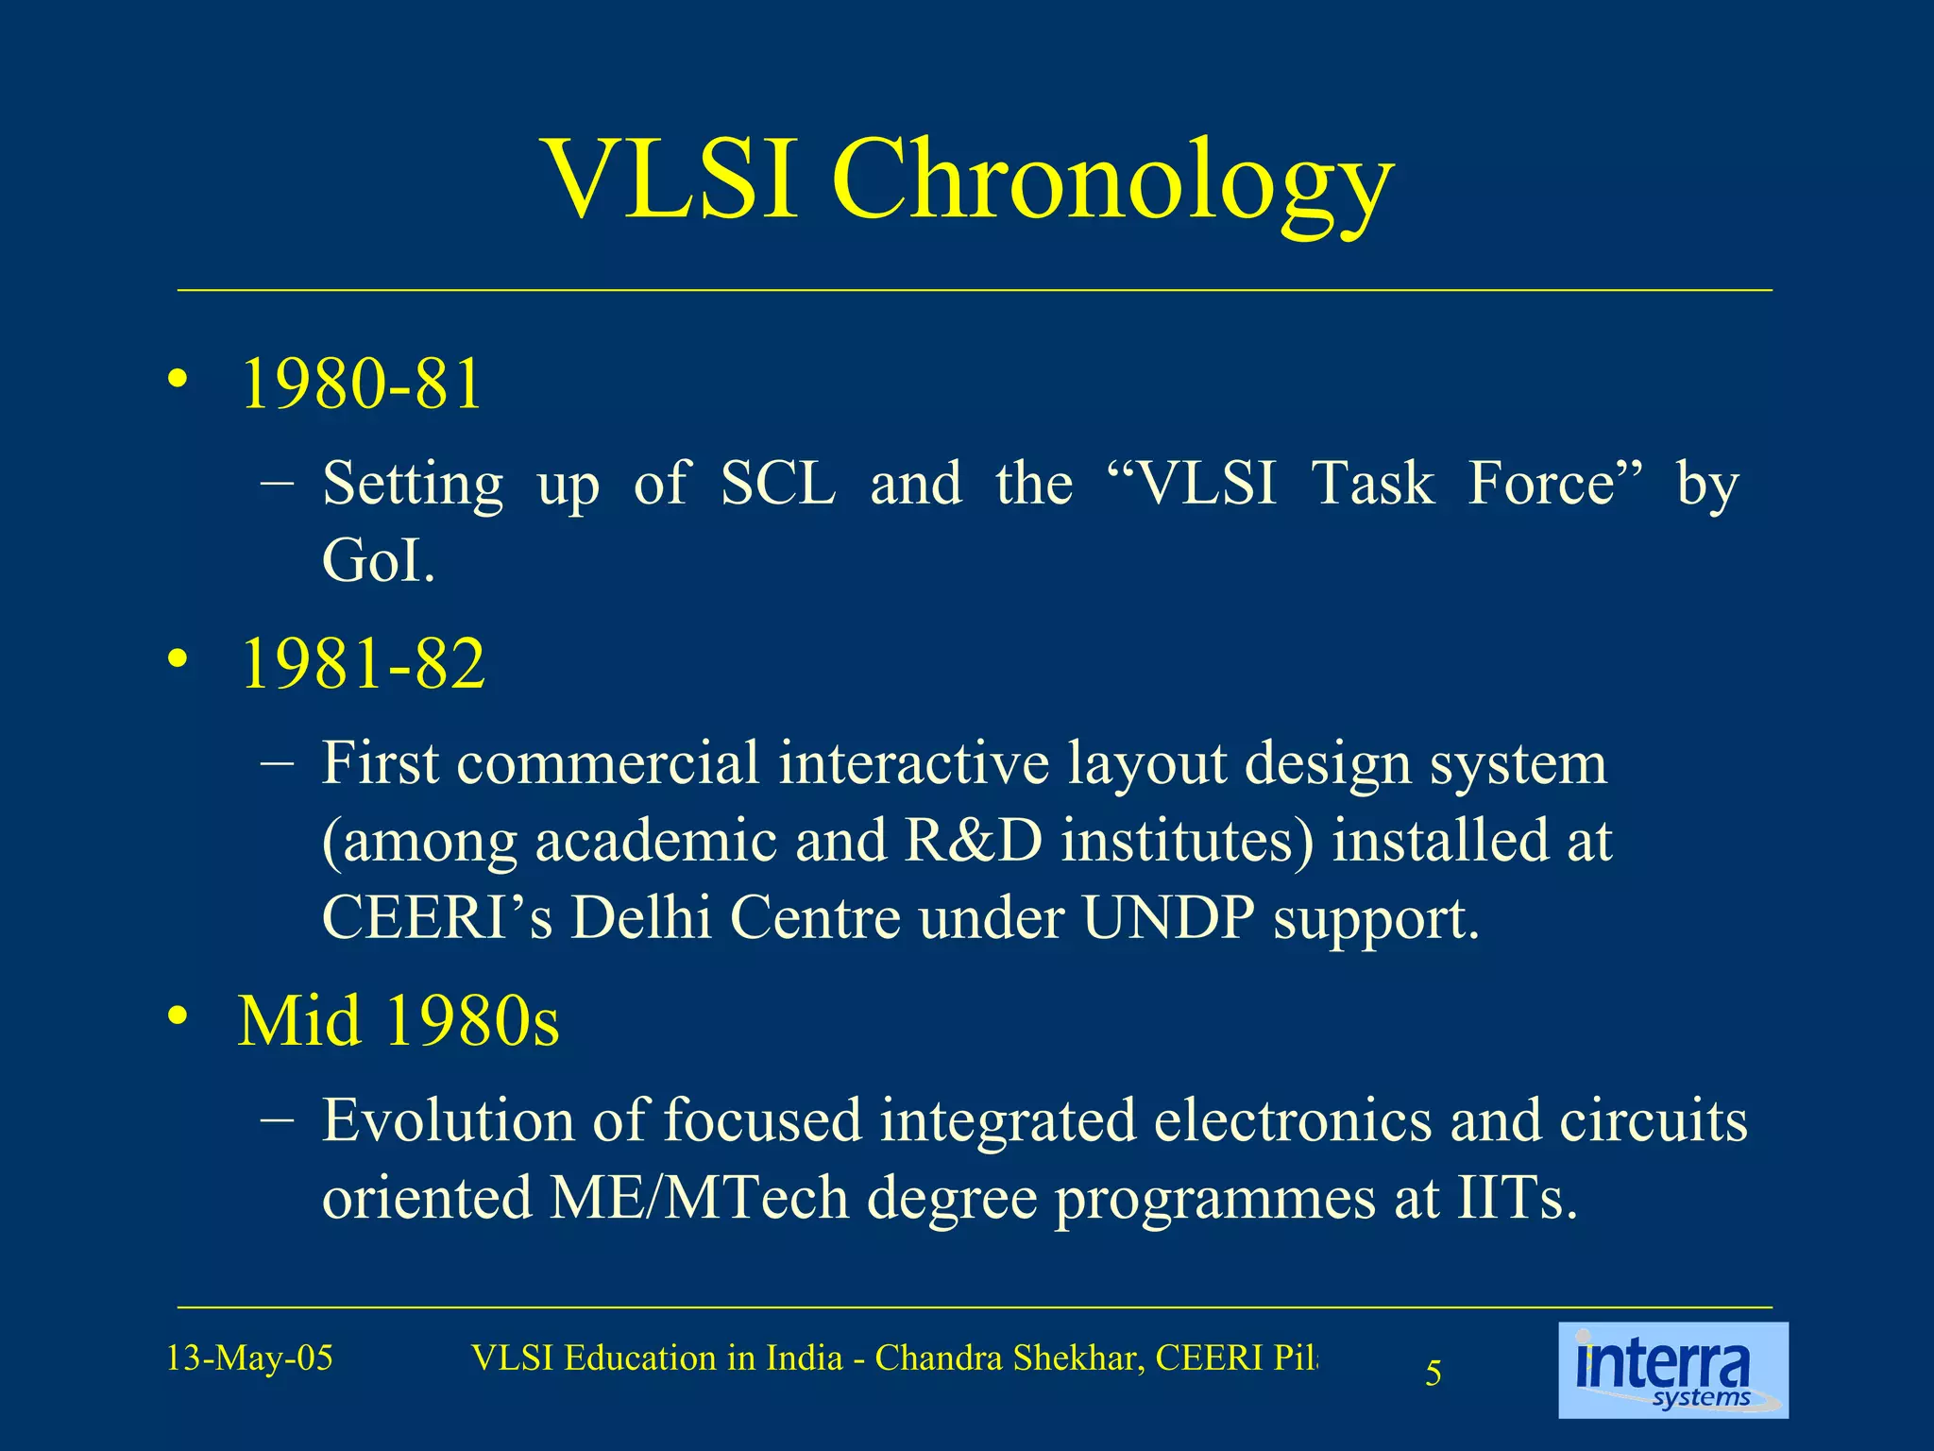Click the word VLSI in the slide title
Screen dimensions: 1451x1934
(671, 179)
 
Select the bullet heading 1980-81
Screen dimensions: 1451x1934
(362, 384)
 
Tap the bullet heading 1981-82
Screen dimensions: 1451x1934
(364, 663)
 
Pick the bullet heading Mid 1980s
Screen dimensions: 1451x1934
(398, 1021)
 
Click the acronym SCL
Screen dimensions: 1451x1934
(777, 484)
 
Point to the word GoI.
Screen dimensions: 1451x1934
(378, 561)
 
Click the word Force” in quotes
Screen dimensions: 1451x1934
(1554, 484)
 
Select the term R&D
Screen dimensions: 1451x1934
(974, 840)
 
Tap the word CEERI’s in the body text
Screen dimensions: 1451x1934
(437, 917)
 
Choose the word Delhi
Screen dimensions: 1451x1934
(641, 917)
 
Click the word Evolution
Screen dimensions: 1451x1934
(448, 1120)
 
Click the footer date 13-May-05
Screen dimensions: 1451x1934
(249, 1358)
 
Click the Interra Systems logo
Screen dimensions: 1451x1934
(1672, 1370)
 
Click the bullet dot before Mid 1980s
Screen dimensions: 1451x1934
(177, 1017)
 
